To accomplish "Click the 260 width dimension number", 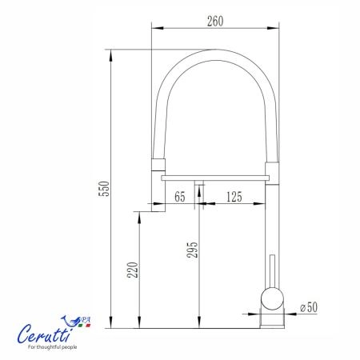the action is tap(215, 22).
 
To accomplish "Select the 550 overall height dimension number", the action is tap(104, 189).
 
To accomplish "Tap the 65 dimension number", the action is tap(180, 197).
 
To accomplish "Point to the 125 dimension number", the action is tap(234, 197).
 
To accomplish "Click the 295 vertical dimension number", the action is tap(192, 250).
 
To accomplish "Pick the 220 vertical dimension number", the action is tap(133, 270).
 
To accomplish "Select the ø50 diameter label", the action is tap(309, 307).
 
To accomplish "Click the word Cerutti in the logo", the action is tap(45, 334).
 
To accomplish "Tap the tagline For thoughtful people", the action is tap(53, 347).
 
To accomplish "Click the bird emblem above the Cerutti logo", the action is tap(70, 321).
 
